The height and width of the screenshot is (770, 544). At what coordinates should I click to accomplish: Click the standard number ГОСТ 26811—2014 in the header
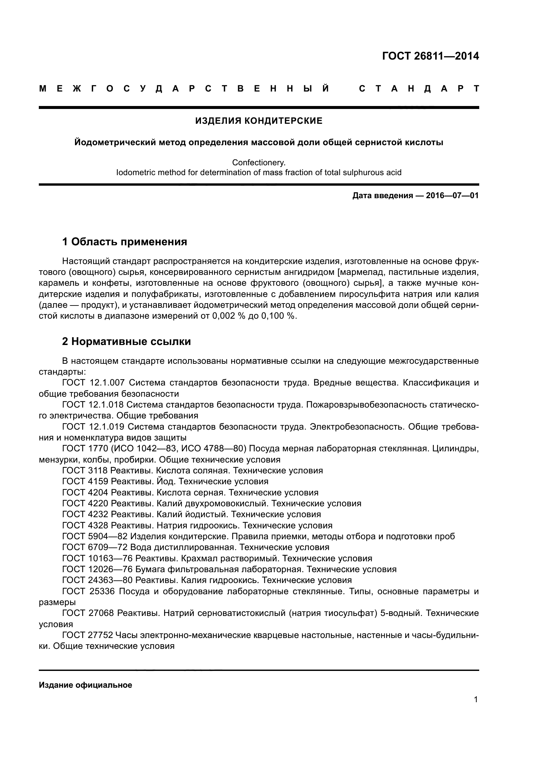point(430,56)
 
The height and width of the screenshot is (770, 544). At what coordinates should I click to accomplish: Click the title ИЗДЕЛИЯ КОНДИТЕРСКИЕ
point(259,121)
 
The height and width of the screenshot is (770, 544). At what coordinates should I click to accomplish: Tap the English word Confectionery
point(259,163)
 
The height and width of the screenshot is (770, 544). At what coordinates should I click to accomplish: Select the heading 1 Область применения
point(125,241)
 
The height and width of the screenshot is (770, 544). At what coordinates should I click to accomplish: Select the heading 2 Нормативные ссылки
point(127,341)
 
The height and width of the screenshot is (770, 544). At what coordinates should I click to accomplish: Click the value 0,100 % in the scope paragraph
point(277,316)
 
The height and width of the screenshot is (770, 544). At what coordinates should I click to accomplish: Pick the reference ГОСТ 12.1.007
point(93,383)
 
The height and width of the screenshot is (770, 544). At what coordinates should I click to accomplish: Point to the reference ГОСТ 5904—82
point(92,536)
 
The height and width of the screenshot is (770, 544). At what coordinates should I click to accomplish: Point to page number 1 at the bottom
point(476,700)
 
